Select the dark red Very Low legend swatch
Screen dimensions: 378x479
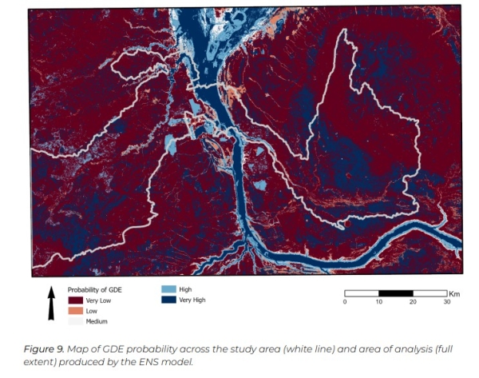(x=75, y=300)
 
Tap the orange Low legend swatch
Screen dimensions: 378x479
(x=75, y=310)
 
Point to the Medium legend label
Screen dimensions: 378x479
(x=97, y=321)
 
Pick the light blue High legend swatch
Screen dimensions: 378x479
(x=167, y=288)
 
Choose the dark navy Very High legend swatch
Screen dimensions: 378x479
(x=167, y=300)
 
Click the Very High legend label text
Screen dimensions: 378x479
(x=192, y=300)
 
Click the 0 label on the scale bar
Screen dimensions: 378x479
(x=344, y=301)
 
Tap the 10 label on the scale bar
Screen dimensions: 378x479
(x=378, y=301)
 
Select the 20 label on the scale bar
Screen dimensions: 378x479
(x=412, y=301)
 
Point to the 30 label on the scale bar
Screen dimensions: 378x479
(x=446, y=301)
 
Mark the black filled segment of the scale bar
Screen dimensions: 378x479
(x=395, y=293)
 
